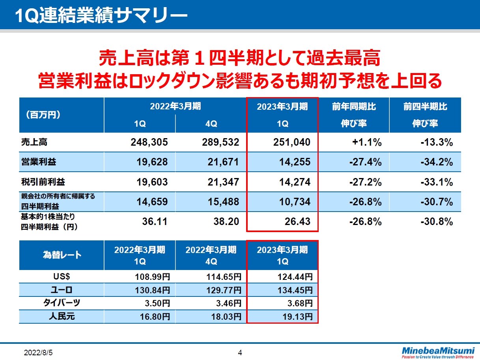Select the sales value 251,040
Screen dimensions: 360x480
pos(291,142)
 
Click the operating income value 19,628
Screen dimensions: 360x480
pos(149,162)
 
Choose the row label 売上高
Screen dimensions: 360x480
pos(31,142)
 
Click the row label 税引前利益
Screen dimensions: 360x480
pos(37,182)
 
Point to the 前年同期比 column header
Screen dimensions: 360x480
pos(353,107)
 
